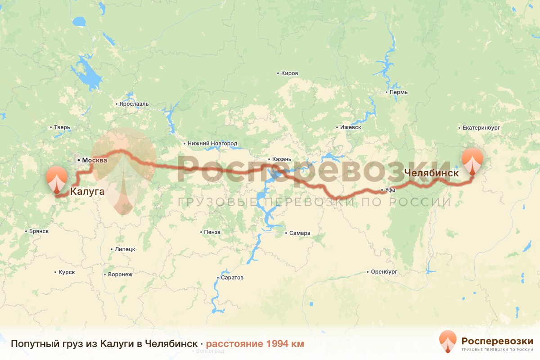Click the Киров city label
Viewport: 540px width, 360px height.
pyautogui.click(x=289, y=73)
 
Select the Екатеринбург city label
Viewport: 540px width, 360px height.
pyautogui.click(x=481, y=128)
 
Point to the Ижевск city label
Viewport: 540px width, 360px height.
pyautogui.click(x=351, y=127)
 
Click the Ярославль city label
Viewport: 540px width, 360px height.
pyautogui.click(x=134, y=104)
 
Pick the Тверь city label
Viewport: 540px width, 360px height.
pyautogui.click(x=62, y=127)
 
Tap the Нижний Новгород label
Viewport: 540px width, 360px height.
pyautogui.click(x=212, y=144)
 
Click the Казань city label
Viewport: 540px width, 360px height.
pyautogui.click(x=282, y=159)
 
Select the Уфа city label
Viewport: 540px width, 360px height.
pyautogui.click(x=390, y=190)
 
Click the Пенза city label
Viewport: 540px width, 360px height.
pyautogui.click(x=212, y=232)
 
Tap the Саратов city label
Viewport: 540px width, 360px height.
pyautogui.click(x=232, y=278)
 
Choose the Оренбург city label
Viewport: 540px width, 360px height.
pyautogui.click(x=384, y=272)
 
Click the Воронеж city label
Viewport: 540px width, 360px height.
pyautogui.click(x=120, y=274)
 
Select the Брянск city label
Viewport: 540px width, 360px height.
pyautogui.click(x=38, y=231)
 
